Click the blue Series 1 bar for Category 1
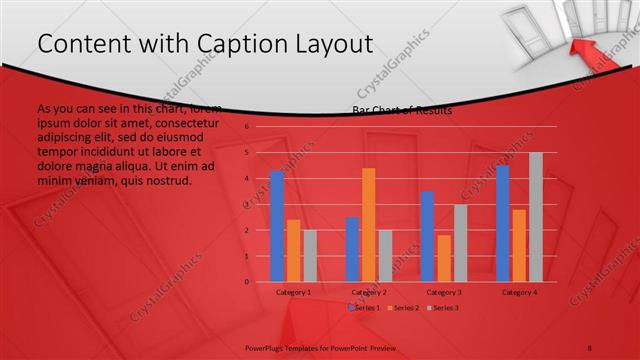[277, 226]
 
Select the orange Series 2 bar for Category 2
[368, 225]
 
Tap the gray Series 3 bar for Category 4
[535, 217]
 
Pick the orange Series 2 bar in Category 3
[443, 258]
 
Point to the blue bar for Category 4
[502, 223]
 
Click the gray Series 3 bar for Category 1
[310, 255]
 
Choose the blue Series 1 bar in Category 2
[352, 249]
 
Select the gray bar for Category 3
[460, 243]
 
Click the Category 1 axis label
[293, 292]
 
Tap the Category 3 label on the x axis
[443, 292]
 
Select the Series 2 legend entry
[404, 308]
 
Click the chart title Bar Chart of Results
[401, 110]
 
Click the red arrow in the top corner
[590, 45]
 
